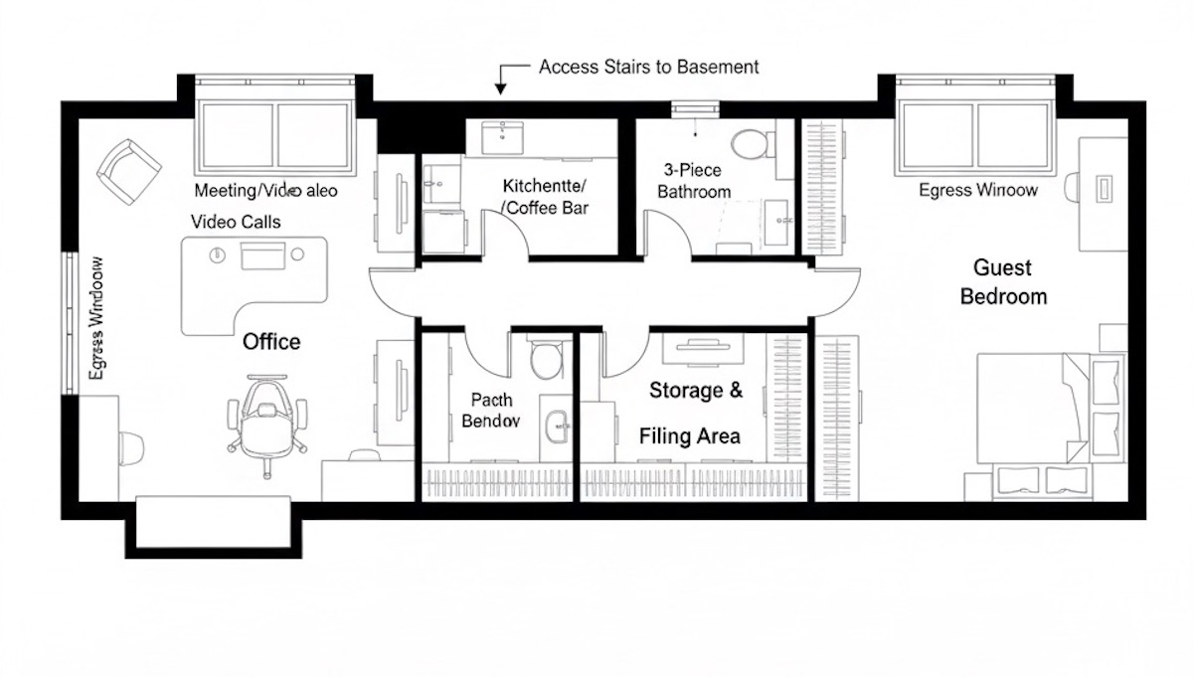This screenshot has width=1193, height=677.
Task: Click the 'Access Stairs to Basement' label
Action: click(648, 67)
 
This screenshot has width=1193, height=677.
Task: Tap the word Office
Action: click(271, 342)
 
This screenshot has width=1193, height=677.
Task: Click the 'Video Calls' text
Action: click(236, 221)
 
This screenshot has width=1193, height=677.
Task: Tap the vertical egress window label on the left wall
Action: click(96, 318)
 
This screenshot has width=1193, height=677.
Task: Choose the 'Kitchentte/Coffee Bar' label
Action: click(545, 197)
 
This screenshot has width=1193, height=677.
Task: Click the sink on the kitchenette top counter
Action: click(503, 136)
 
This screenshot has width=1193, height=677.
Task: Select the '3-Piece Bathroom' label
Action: click(694, 181)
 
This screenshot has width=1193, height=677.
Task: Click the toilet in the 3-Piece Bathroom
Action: click(750, 144)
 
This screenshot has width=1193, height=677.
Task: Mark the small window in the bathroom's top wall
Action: click(688, 109)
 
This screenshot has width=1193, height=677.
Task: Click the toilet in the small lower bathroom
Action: click(544, 360)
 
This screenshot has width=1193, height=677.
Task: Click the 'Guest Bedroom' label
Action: click(1002, 281)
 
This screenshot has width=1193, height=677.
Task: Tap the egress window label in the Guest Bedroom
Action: click(977, 189)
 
